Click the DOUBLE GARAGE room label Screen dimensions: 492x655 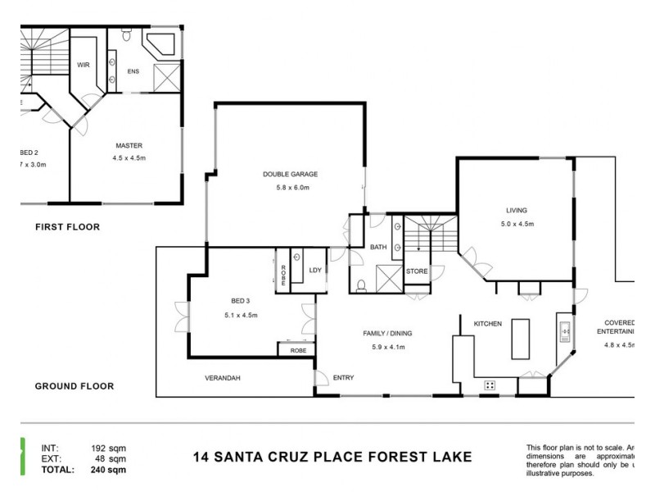click(x=290, y=174)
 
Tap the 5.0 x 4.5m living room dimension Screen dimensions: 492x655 click(x=517, y=224)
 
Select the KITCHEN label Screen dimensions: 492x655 click(x=487, y=324)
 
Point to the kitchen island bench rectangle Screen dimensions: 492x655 click(x=522, y=339)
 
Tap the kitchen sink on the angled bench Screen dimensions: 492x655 click(x=565, y=332)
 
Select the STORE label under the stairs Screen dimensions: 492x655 click(x=416, y=271)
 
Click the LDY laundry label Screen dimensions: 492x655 click(x=314, y=270)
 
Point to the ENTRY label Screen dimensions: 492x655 click(x=343, y=377)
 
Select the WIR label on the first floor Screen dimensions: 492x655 click(x=83, y=63)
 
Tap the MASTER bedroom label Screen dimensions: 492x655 click(x=129, y=146)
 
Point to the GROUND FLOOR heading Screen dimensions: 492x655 click(x=74, y=385)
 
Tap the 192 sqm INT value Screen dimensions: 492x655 click(x=107, y=448)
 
